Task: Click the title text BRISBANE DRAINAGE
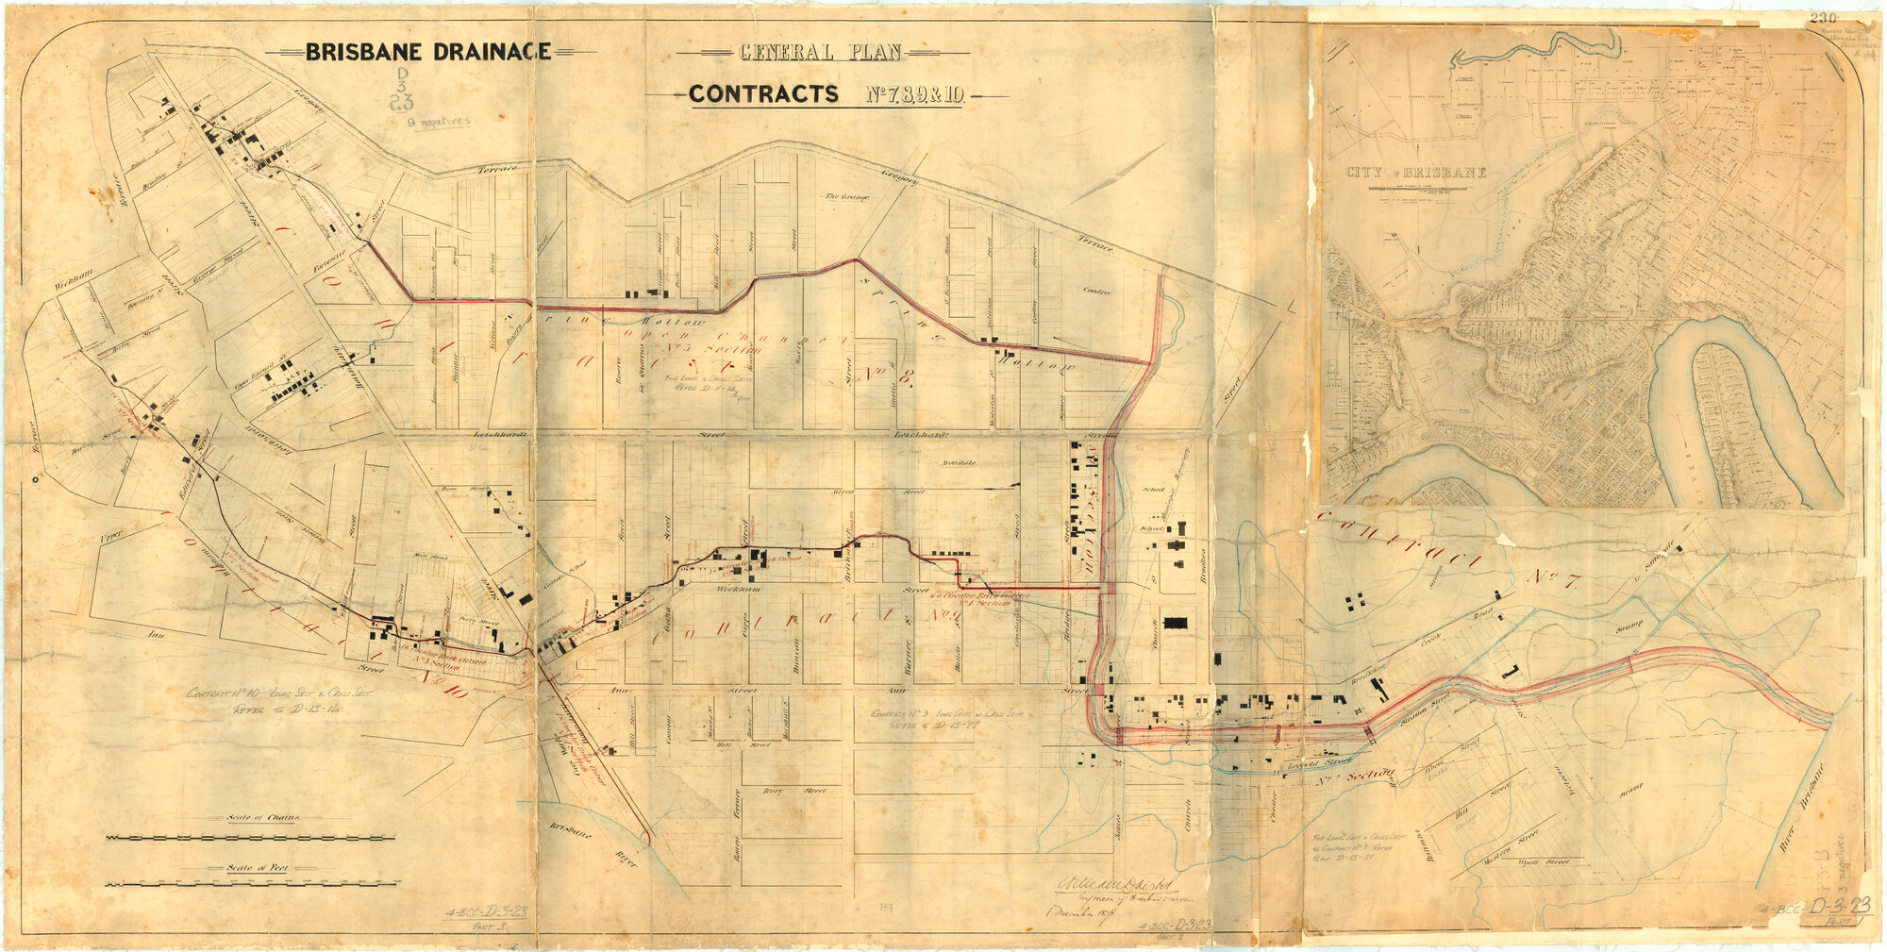click(427, 51)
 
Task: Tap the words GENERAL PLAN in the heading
click(821, 52)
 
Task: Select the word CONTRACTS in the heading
click(763, 94)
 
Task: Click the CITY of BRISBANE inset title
click(1416, 173)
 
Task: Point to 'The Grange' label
click(846, 197)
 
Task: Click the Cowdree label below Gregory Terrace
click(1097, 291)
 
